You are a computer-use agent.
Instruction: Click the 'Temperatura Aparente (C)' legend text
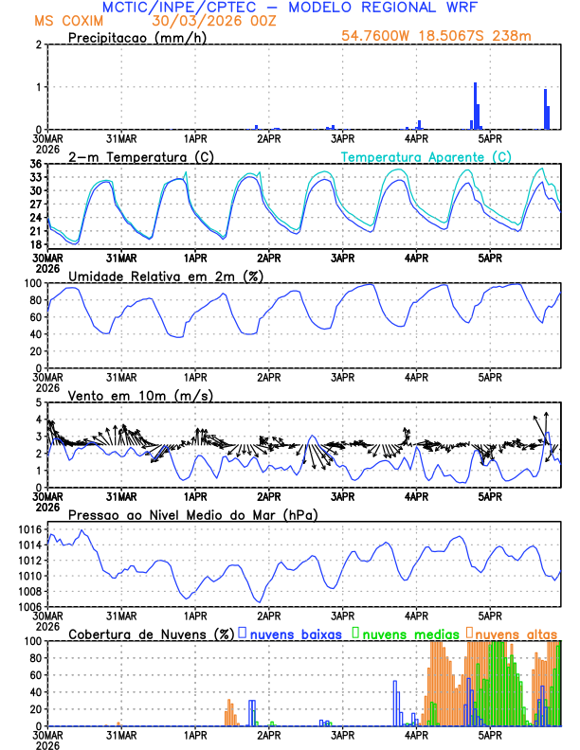click(426, 156)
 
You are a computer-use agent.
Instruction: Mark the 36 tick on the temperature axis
click(36, 164)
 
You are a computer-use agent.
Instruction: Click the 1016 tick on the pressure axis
click(30, 529)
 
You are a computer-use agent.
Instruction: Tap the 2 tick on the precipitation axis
click(39, 45)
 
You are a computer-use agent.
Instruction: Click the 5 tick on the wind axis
click(39, 402)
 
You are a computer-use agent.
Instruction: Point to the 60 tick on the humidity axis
click(36, 317)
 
